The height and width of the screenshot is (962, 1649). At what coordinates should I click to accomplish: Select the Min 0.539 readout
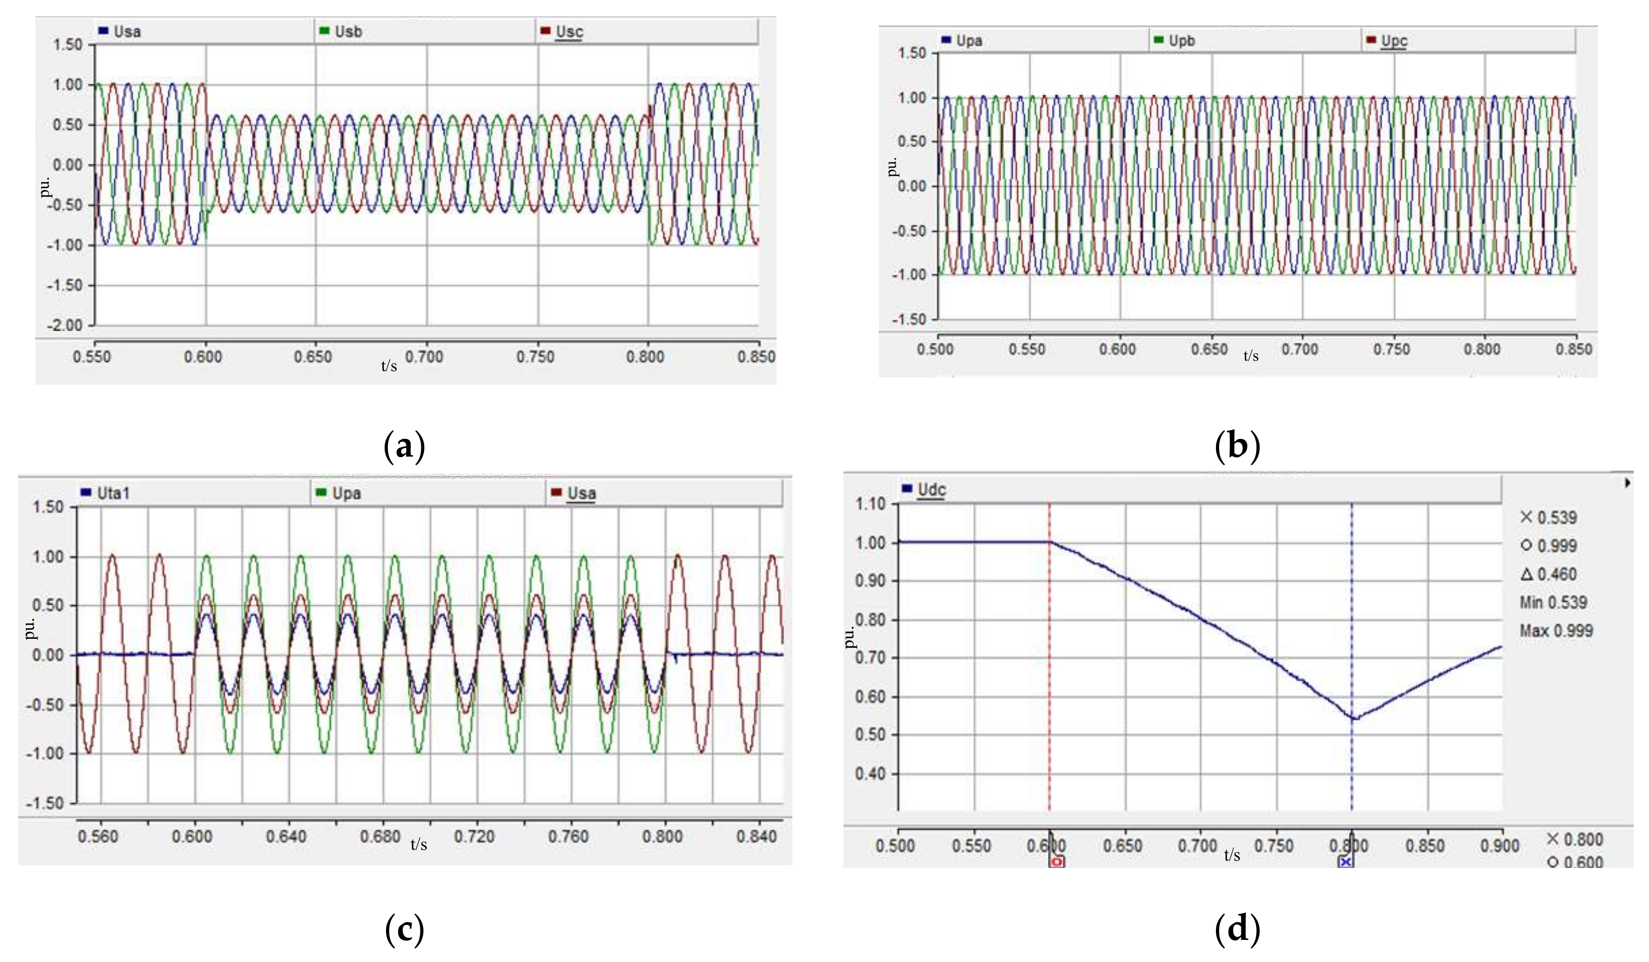[x=1553, y=602]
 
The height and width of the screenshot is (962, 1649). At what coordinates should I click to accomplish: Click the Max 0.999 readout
[x=1555, y=631]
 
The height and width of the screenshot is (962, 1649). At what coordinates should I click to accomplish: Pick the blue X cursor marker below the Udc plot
[x=1345, y=862]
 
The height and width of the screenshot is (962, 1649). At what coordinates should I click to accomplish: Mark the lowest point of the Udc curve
[x=1351, y=718]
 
